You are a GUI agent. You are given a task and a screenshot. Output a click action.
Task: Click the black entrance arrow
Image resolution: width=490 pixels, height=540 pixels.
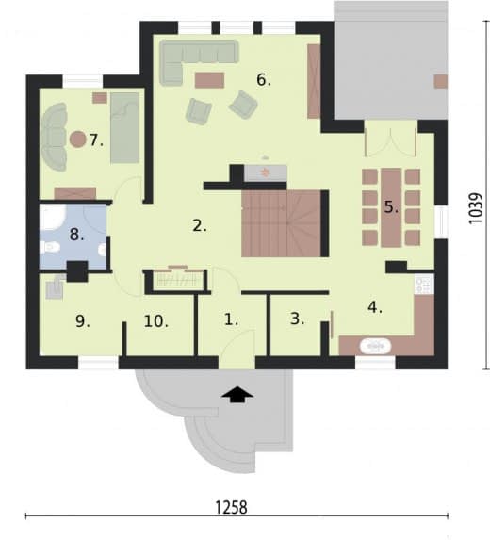click(x=237, y=394)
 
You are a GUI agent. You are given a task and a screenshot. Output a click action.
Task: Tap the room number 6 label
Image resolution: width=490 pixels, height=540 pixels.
click(x=264, y=80)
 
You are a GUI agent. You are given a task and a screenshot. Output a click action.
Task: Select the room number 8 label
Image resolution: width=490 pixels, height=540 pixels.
click(x=76, y=235)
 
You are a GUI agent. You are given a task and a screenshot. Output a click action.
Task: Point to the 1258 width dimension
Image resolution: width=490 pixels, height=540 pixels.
click(x=231, y=508)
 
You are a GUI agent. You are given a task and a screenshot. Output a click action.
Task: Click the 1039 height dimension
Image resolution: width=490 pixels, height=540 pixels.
click(x=476, y=208)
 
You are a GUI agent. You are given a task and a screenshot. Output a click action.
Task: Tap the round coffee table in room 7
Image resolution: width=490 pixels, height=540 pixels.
click(x=78, y=139)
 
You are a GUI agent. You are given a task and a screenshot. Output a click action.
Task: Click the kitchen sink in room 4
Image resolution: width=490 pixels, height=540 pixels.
click(x=375, y=346)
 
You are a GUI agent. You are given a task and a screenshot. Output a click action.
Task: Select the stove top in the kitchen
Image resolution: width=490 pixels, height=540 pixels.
click(x=424, y=285)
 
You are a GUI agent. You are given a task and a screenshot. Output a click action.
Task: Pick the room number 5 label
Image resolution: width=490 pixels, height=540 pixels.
click(x=391, y=207)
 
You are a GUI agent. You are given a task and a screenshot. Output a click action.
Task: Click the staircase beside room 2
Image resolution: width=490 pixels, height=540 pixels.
click(x=282, y=223)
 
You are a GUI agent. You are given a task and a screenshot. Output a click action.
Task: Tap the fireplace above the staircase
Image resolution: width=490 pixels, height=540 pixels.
click(x=265, y=172)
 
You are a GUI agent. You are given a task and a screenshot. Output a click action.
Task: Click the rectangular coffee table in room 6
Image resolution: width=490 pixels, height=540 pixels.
click(x=209, y=80)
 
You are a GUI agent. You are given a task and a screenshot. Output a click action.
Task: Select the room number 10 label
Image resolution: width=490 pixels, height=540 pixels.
click(x=156, y=321)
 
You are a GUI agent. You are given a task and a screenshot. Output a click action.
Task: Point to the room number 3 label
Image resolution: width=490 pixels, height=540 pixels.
click(x=297, y=319)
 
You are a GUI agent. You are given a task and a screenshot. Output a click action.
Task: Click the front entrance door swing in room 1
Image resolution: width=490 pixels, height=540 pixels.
click(x=237, y=343)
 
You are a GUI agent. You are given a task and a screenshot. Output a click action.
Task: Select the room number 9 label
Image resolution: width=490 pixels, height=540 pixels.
click(x=83, y=321)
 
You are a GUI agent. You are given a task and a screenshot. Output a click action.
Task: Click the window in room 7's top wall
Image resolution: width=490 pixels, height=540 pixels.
click(x=83, y=81)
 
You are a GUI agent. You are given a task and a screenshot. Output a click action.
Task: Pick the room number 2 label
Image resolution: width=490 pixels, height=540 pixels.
click(x=200, y=226)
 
